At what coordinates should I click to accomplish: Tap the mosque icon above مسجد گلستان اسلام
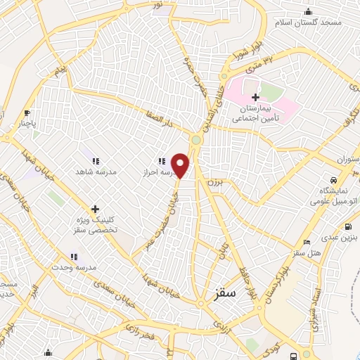tap(307, 11)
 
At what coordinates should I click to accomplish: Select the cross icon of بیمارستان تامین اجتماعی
tap(255, 96)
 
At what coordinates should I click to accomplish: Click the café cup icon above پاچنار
tap(27, 112)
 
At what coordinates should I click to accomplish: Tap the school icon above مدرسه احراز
tap(161, 160)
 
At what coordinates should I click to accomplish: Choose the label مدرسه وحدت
tap(72, 269)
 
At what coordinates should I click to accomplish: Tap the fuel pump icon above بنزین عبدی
tap(347, 226)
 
